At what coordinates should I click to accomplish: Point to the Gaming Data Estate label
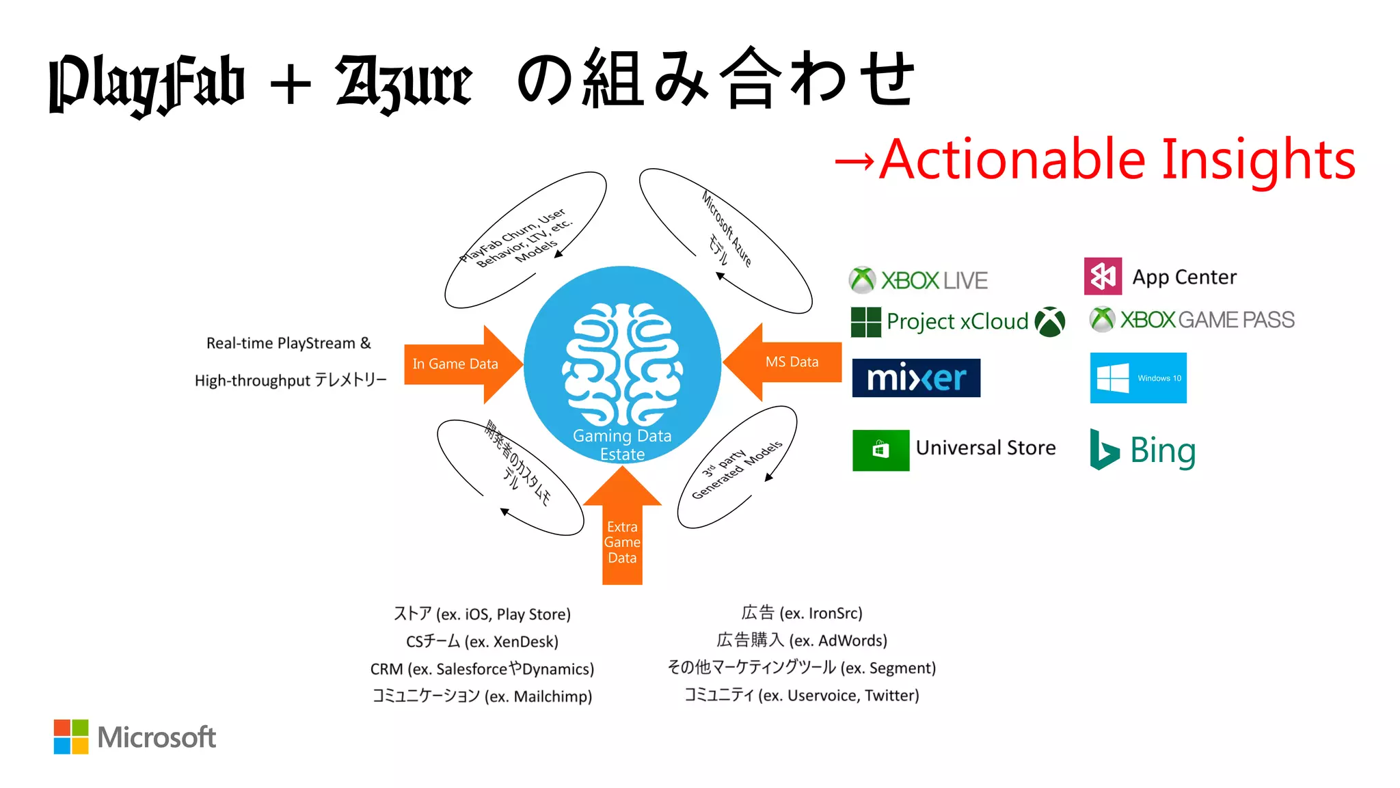click(622, 445)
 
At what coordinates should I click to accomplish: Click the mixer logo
click(916, 378)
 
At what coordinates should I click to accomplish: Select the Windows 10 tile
click(1138, 378)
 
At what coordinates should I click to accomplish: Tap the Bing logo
click(1143, 450)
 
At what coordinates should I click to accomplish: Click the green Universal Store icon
click(880, 450)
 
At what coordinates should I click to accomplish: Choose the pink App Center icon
click(1103, 276)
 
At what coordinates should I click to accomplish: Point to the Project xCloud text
click(957, 321)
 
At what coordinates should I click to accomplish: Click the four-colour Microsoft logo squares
click(71, 737)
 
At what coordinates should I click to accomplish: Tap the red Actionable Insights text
click(1117, 160)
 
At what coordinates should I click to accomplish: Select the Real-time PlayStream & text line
click(288, 343)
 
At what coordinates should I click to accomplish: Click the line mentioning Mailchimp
click(482, 696)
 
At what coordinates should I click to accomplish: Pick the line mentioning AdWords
click(802, 640)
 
